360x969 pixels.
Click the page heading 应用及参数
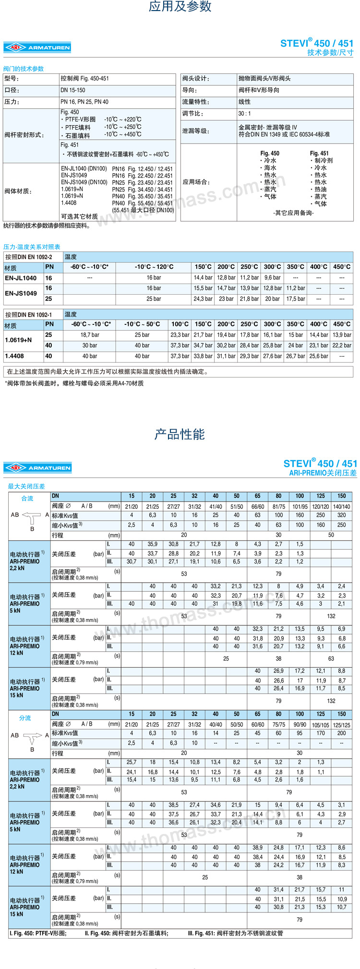coord(180,7)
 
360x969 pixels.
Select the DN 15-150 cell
coord(73,90)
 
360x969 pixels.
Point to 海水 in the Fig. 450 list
coord(270,168)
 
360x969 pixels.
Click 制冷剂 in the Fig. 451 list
coord(323,161)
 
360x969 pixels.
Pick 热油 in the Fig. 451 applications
coord(320,190)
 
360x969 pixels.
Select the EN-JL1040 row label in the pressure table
coord(21,278)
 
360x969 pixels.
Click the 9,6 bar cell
coord(272,278)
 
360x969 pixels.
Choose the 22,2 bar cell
coord(341,346)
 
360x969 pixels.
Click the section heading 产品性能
coord(180,434)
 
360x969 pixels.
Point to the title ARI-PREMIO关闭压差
coord(323,473)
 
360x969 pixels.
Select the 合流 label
coord(27,499)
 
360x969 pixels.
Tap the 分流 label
coord(25,718)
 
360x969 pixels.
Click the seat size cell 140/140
coord(341,506)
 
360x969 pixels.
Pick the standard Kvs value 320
coord(341,515)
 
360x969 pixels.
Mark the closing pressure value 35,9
coord(152,544)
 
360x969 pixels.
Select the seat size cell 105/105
coord(321,725)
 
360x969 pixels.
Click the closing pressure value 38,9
coord(258,848)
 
